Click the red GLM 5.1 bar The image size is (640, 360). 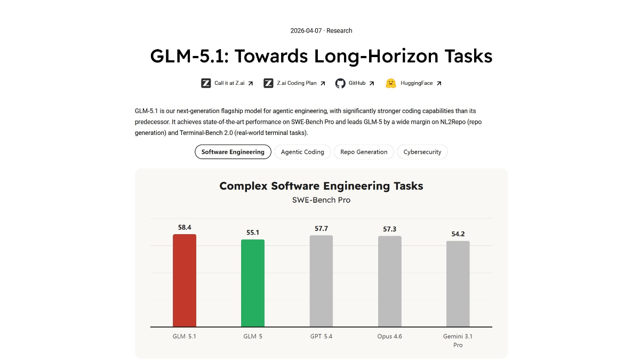[185, 281]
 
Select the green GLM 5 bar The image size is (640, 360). [253, 283]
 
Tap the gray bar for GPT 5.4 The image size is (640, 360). [321, 281]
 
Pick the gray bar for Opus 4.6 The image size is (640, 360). [390, 282]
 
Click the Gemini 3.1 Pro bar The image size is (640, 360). [458, 284]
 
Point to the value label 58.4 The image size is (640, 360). [185, 227]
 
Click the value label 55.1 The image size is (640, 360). [253, 233]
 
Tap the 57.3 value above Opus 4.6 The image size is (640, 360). [390, 229]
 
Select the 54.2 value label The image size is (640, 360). [458, 234]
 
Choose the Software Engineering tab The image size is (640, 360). [233, 152]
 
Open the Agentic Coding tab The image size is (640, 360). [302, 152]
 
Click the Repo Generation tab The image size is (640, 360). [364, 152]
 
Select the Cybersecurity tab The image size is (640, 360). [422, 152]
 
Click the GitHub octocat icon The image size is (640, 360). [340, 83]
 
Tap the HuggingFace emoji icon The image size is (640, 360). [391, 83]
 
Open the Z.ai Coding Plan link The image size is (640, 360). [297, 83]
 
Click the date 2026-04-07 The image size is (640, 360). [306, 31]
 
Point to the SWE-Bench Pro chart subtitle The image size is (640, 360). [321, 200]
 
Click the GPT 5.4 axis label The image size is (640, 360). [321, 337]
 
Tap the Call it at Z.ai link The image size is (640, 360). [229, 83]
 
